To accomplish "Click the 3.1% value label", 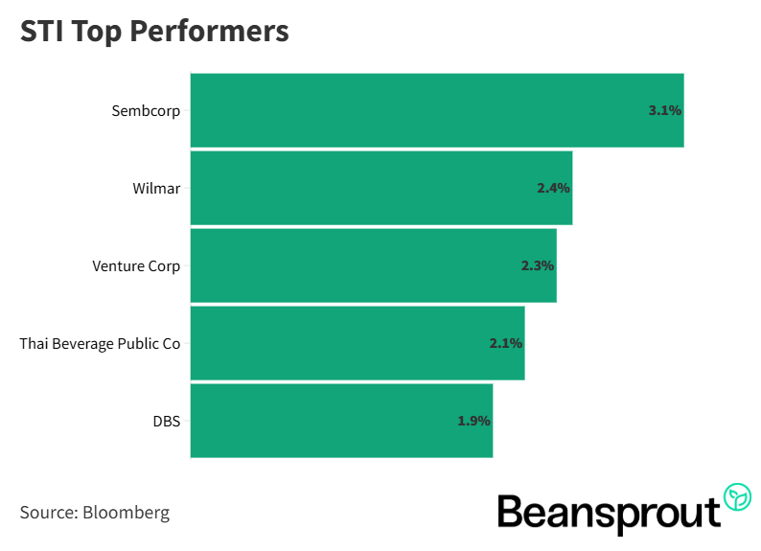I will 664,110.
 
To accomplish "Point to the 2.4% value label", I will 553,188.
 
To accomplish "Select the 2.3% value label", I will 538,265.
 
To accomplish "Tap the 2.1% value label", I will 506,343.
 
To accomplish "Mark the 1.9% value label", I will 473,421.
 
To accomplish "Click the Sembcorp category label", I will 146,110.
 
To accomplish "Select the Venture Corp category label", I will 136,265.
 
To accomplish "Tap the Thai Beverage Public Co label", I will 100,343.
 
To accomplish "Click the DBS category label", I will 166,421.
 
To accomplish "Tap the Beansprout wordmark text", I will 609,514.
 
